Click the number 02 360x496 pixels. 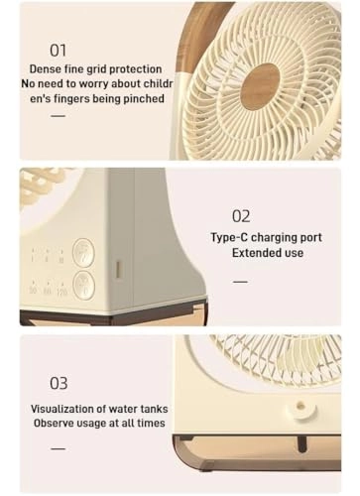(241, 215)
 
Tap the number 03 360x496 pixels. (60, 382)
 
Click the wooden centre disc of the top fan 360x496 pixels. (260, 85)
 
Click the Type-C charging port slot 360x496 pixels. (118, 269)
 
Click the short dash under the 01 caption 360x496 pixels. (58, 117)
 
